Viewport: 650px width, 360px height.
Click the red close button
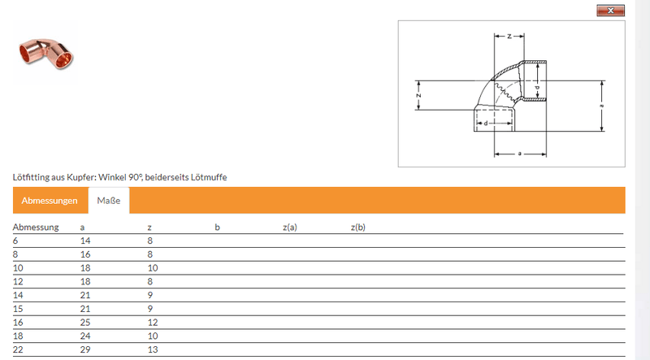[610, 11]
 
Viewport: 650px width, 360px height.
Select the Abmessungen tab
[50, 201]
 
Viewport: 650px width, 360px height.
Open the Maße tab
[109, 201]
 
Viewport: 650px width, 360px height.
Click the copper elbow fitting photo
[45, 54]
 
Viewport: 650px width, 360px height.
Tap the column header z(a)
[290, 228]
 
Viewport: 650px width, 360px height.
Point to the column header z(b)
[357, 228]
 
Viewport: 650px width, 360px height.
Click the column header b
[217, 227]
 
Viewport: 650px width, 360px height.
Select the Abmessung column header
[36, 228]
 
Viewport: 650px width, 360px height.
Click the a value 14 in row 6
[85, 241]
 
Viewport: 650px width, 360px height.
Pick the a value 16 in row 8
[85, 254]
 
